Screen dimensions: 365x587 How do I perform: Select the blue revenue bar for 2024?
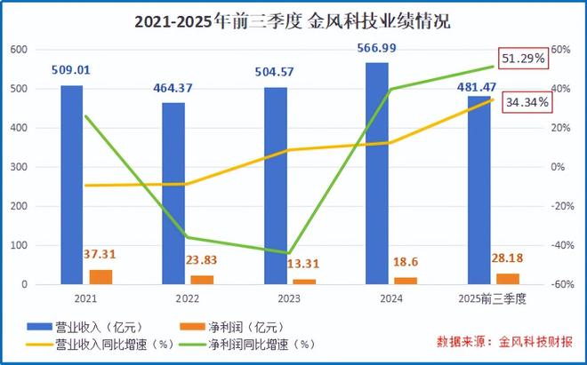tap(376, 173)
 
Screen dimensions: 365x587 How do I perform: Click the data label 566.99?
tap(377, 48)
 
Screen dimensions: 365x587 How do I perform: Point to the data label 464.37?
tap(174, 88)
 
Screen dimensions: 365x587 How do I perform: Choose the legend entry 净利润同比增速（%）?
tap(264, 343)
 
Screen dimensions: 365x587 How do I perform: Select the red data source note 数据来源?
tap(505, 341)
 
